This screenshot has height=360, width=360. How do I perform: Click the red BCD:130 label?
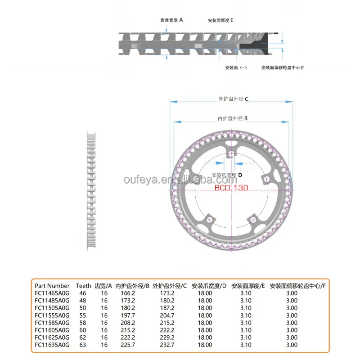pyautogui.click(x=231, y=188)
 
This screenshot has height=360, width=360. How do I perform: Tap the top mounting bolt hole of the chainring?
pyautogui.click(x=231, y=154)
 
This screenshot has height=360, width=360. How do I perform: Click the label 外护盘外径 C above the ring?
pyautogui.click(x=234, y=99)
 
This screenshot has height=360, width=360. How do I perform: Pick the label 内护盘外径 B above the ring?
pyautogui.click(x=233, y=118)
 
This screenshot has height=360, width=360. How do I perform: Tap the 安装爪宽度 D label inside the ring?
pyautogui.click(x=227, y=175)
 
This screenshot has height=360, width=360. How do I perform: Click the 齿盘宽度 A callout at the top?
pyautogui.click(x=172, y=20)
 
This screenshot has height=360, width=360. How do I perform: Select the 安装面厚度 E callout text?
pyautogui.click(x=220, y=21)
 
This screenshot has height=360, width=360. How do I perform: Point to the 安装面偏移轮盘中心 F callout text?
pyautogui.click(x=283, y=67)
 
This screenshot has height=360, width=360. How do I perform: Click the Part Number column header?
pyautogui.click(x=52, y=286)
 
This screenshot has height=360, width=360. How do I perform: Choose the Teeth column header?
pyautogui.click(x=83, y=286)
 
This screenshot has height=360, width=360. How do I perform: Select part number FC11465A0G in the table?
pyautogui.click(x=52, y=293)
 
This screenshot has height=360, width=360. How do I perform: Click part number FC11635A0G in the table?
pyautogui.click(x=52, y=345)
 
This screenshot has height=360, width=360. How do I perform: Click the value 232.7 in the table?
pyautogui.click(x=166, y=345)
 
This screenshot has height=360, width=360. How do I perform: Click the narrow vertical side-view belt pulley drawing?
pyautogui.click(x=92, y=189)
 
